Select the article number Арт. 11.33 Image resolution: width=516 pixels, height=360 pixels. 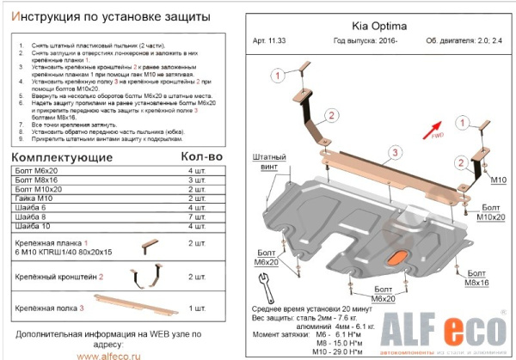274,41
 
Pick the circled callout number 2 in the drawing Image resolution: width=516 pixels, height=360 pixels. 329,116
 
